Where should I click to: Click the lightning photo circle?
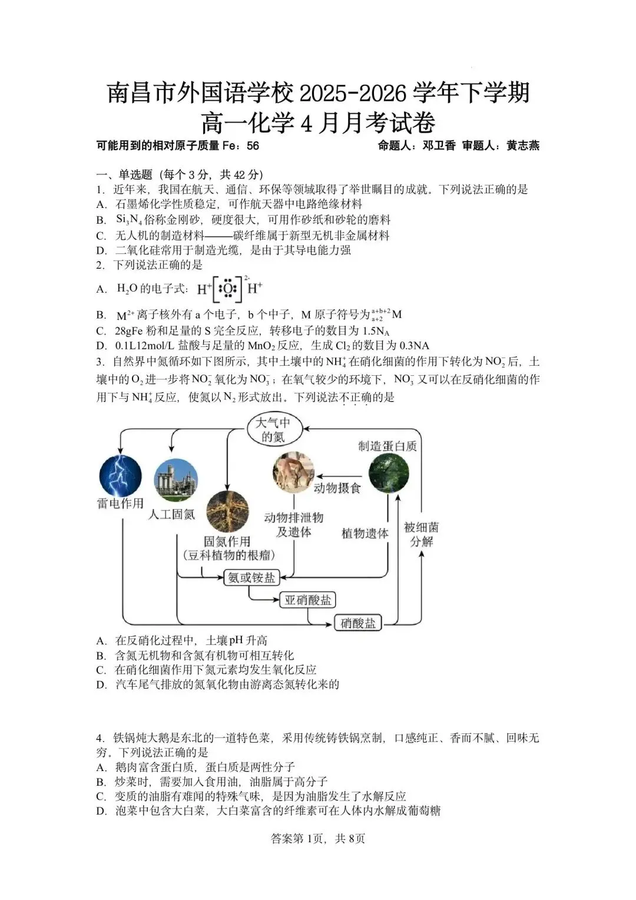coord(120,475)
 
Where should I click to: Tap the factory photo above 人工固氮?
coord(175,480)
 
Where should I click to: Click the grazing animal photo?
coord(293,472)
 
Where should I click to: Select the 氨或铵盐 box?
coord(251,577)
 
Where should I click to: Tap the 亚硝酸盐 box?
coord(307,600)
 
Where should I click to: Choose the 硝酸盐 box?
coord(358,623)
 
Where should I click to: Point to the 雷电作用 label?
coord(120,504)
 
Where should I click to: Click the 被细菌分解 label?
coord(421,534)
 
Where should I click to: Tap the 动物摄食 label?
coord(337,488)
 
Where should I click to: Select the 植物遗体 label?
coord(365,534)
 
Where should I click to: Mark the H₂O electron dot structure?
coord(230,289)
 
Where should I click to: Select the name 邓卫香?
coord(439,145)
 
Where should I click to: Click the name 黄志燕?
coord(523,145)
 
